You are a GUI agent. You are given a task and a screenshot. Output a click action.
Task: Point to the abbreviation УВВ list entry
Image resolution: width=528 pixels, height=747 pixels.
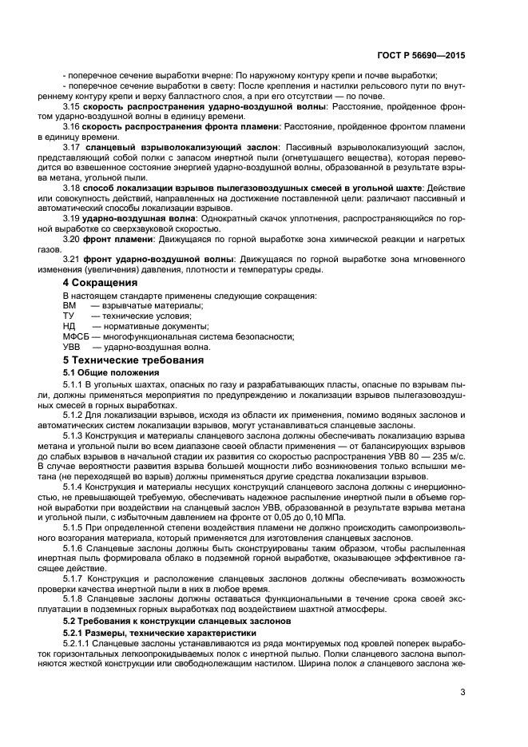(x=72, y=347)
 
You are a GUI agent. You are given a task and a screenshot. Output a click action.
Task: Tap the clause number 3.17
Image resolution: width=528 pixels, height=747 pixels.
(x=73, y=146)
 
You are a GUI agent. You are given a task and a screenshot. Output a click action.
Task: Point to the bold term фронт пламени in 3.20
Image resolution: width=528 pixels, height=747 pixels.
(x=118, y=238)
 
